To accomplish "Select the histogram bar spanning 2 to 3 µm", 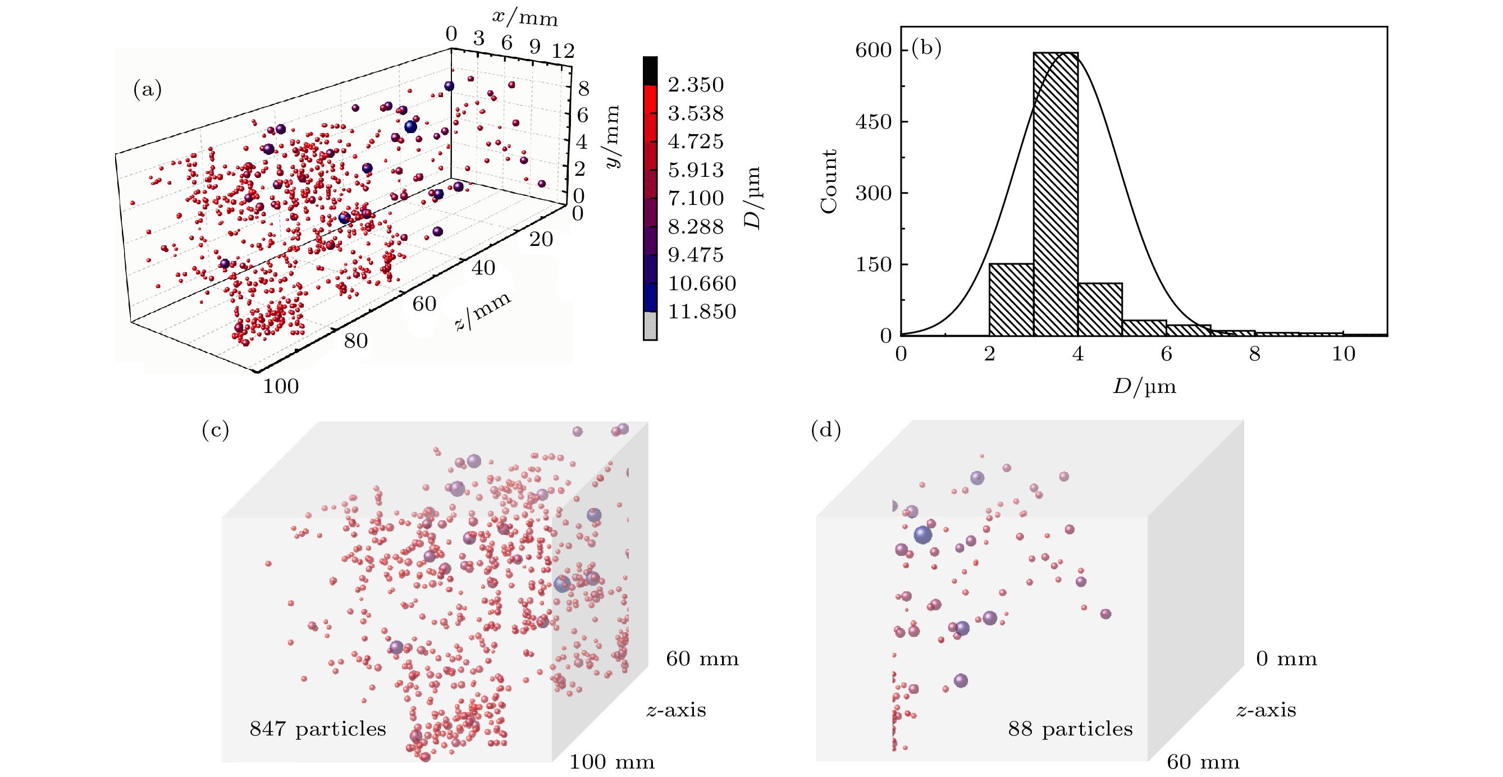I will [x=1011, y=299].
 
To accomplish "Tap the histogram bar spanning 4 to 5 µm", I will [x=1100, y=309].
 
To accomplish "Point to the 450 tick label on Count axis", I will [x=874, y=121].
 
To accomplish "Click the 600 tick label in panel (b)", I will [x=874, y=50].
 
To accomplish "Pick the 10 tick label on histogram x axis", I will [x=1343, y=354].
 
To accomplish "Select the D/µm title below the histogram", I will [x=1144, y=386].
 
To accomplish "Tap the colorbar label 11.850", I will [x=702, y=312].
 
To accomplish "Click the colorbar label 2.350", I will [x=696, y=85].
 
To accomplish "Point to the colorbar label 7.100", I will [x=696, y=198].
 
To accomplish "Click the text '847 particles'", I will [x=318, y=729].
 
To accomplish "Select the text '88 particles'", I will [x=1070, y=729].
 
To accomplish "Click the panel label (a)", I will [x=148, y=89].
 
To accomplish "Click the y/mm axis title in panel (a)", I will [x=611, y=136].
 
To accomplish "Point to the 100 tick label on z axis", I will [x=281, y=386].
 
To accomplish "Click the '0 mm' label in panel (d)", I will [x=1286, y=659].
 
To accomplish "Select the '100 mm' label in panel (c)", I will [x=611, y=762].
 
